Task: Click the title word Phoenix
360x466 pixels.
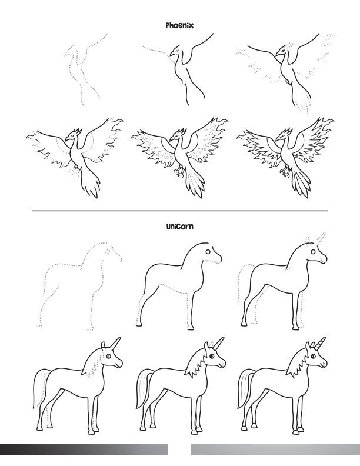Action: [x=179, y=25]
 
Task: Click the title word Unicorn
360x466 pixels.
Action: [x=179, y=227]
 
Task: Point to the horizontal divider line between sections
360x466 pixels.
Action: [x=180, y=211]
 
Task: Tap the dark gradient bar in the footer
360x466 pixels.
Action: [x=84, y=450]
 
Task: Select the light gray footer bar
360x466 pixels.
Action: [x=276, y=450]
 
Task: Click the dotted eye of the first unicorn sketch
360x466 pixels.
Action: [x=108, y=252]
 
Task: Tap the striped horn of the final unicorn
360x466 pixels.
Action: [x=321, y=343]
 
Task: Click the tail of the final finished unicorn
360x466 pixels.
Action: [x=244, y=388]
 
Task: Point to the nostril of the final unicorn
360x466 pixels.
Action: [x=324, y=362]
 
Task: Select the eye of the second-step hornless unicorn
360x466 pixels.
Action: [x=208, y=252]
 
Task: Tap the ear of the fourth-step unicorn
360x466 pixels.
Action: [x=103, y=345]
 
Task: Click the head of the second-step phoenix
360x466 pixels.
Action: [x=176, y=51]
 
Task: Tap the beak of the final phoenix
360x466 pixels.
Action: [x=278, y=139]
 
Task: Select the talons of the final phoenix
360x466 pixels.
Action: [x=285, y=171]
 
